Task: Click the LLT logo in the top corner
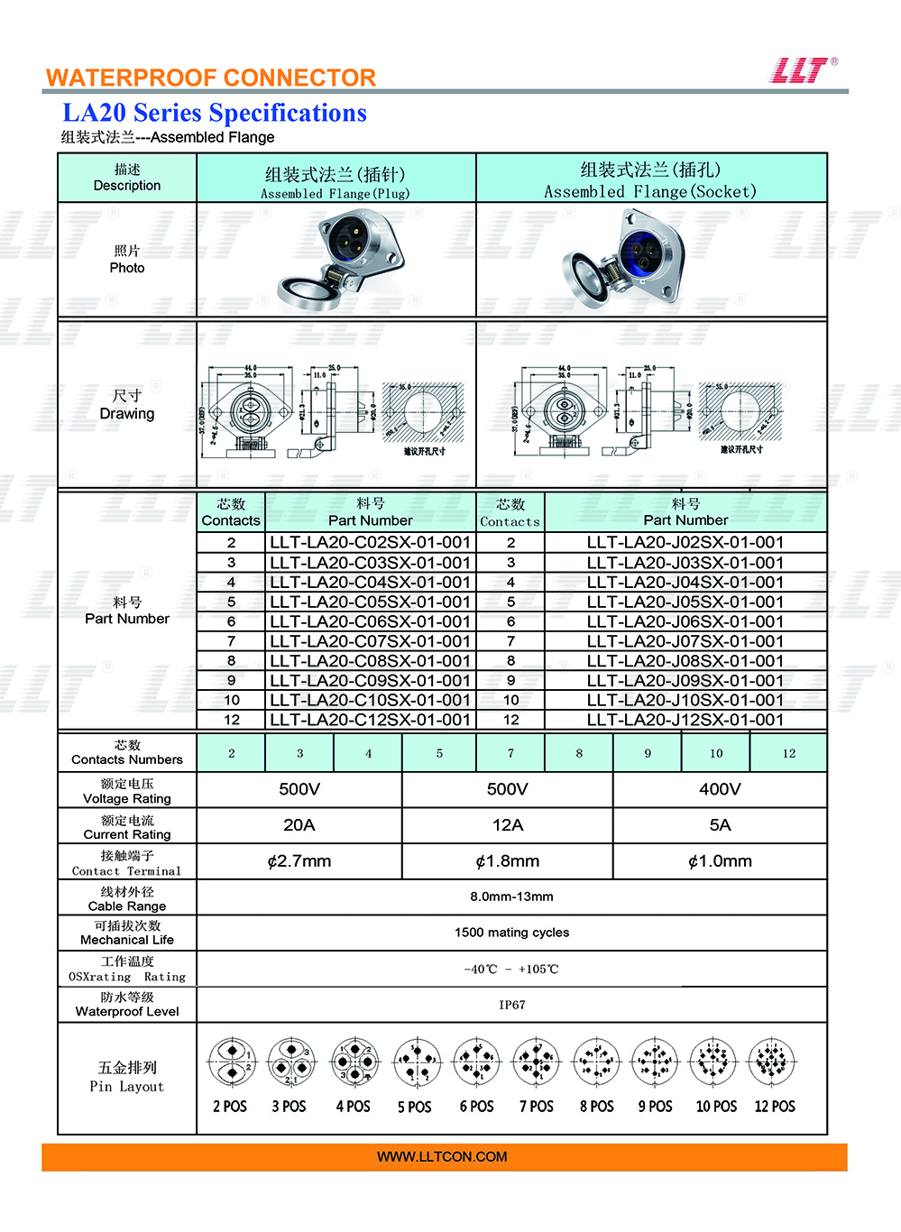click(x=802, y=70)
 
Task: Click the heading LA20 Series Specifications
click(x=215, y=113)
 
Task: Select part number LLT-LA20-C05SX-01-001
click(x=370, y=602)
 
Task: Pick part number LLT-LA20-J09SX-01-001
click(x=685, y=681)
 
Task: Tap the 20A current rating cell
click(x=299, y=825)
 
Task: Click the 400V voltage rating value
click(x=720, y=789)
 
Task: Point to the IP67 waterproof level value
click(x=511, y=1005)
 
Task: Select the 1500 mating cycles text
click(x=511, y=933)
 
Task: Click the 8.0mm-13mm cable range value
click(x=511, y=896)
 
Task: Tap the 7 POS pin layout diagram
click(x=536, y=1063)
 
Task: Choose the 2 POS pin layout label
click(x=230, y=1107)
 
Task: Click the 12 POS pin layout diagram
click(x=772, y=1063)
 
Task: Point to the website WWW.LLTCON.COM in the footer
click(x=442, y=1157)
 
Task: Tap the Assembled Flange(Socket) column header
click(x=650, y=179)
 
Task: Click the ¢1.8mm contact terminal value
click(x=508, y=861)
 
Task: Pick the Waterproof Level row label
click(x=127, y=1005)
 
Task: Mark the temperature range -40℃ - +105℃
click(x=511, y=970)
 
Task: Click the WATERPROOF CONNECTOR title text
click(x=211, y=78)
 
